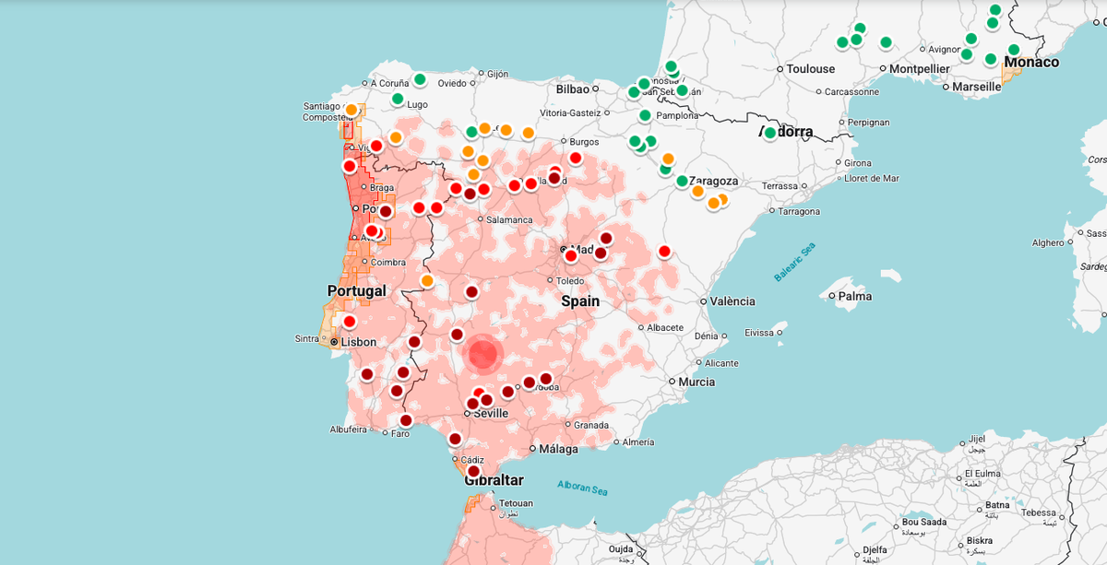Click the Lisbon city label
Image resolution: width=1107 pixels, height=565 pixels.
click(359, 342)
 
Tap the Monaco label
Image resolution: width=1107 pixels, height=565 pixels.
click(1031, 63)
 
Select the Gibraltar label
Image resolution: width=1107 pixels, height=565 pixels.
click(494, 480)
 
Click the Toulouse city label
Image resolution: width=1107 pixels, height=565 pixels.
click(811, 69)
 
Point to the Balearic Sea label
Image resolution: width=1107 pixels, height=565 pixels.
click(794, 263)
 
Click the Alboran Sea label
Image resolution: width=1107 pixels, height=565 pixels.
click(583, 488)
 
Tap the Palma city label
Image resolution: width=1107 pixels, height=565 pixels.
click(855, 297)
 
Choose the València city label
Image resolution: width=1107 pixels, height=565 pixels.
click(732, 301)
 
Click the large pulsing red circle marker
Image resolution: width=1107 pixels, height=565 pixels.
click(483, 354)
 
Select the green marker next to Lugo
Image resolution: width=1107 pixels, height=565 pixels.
click(398, 99)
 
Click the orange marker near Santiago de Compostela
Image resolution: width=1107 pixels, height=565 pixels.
click(351, 110)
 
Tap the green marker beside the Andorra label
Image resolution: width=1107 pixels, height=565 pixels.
click(770, 133)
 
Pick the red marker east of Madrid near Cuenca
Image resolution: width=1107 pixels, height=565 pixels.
click(664, 251)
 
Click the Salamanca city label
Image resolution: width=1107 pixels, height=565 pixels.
click(509, 220)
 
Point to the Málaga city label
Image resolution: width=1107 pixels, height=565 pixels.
click(559, 450)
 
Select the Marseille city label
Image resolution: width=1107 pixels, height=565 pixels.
click(976, 87)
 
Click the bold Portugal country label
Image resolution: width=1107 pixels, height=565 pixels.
click(356, 291)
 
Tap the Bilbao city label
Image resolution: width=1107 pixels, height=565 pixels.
click(572, 89)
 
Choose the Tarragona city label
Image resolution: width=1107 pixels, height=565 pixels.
click(798, 212)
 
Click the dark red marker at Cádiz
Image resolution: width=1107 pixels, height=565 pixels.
click(474, 471)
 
